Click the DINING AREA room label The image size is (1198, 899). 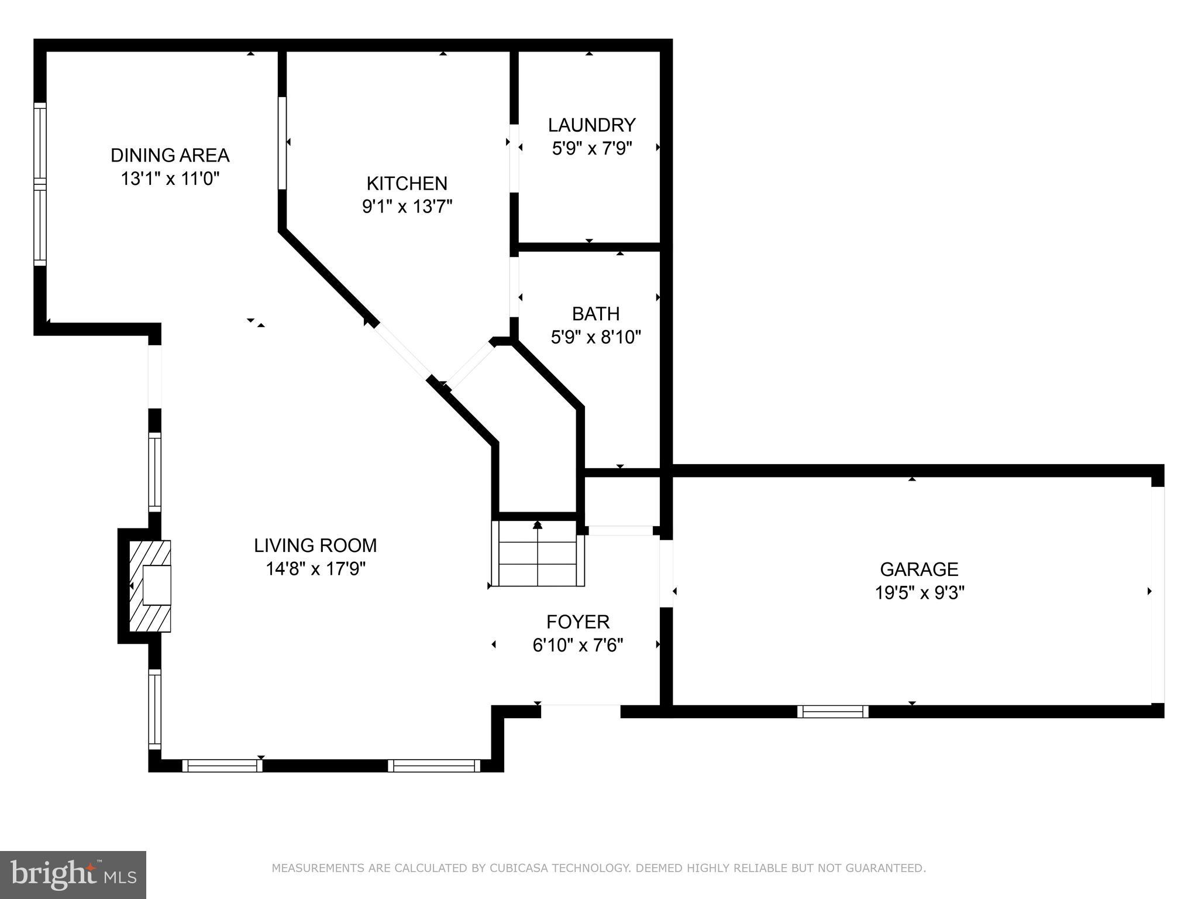pos(170,155)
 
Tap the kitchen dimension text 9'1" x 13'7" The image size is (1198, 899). pos(407,207)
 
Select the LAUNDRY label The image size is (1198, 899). pos(591,125)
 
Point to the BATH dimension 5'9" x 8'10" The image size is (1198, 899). pos(595,337)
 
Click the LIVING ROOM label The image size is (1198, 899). pos(315,545)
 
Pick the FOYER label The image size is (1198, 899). pos(578,622)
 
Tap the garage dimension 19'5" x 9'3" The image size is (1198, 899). pos(919,593)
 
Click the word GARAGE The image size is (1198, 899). pos(919,569)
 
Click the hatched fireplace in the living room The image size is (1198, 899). pos(150,586)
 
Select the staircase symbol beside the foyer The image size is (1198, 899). pos(538,553)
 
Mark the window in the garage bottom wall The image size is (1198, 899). pos(832,712)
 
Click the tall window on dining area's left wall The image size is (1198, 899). pos(40,184)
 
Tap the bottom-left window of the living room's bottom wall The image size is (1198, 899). pos(222,766)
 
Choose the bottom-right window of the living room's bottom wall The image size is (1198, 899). pos(433,766)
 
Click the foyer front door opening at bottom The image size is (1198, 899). pos(580,711)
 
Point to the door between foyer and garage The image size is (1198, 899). pos(666,573)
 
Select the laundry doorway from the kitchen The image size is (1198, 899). pos(514,158)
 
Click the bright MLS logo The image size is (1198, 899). pos(73,875)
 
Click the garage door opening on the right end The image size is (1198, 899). pos(1158,594)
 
